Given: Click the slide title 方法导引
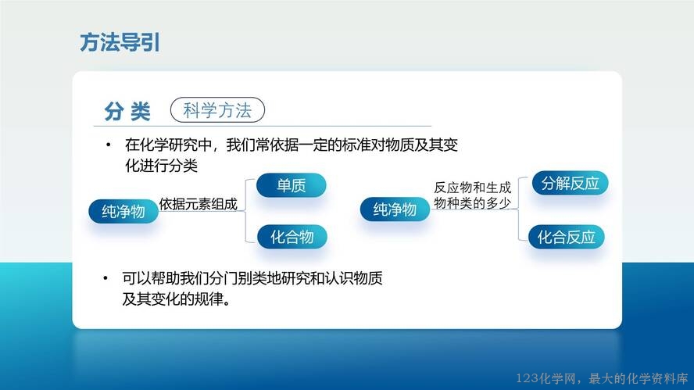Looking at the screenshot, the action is (120, 42).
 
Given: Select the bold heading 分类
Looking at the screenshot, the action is (127, 111).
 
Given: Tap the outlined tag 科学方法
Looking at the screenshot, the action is (217, 109).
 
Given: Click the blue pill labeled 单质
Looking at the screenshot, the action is (292, 185).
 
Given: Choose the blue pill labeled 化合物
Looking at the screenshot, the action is (292, 237).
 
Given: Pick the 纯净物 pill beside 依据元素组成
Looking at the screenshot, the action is (123, 211).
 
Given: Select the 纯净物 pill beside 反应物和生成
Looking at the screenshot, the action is (395, 209).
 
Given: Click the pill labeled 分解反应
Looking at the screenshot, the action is (570, 183).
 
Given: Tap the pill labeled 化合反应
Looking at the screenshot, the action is (567, 237).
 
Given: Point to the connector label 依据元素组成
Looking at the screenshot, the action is (199, 204).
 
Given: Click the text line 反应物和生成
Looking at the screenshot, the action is (472, 188).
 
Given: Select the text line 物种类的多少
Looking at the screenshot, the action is (472, 203).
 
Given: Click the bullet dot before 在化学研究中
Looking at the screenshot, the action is (109, 145).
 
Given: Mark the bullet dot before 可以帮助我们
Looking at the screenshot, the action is (106, 278).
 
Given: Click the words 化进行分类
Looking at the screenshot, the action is (161, 166).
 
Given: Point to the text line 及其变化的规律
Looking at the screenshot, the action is (176, 299).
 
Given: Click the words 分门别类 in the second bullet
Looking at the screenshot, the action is (238, 278).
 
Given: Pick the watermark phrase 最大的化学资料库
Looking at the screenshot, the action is (639, 378).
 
